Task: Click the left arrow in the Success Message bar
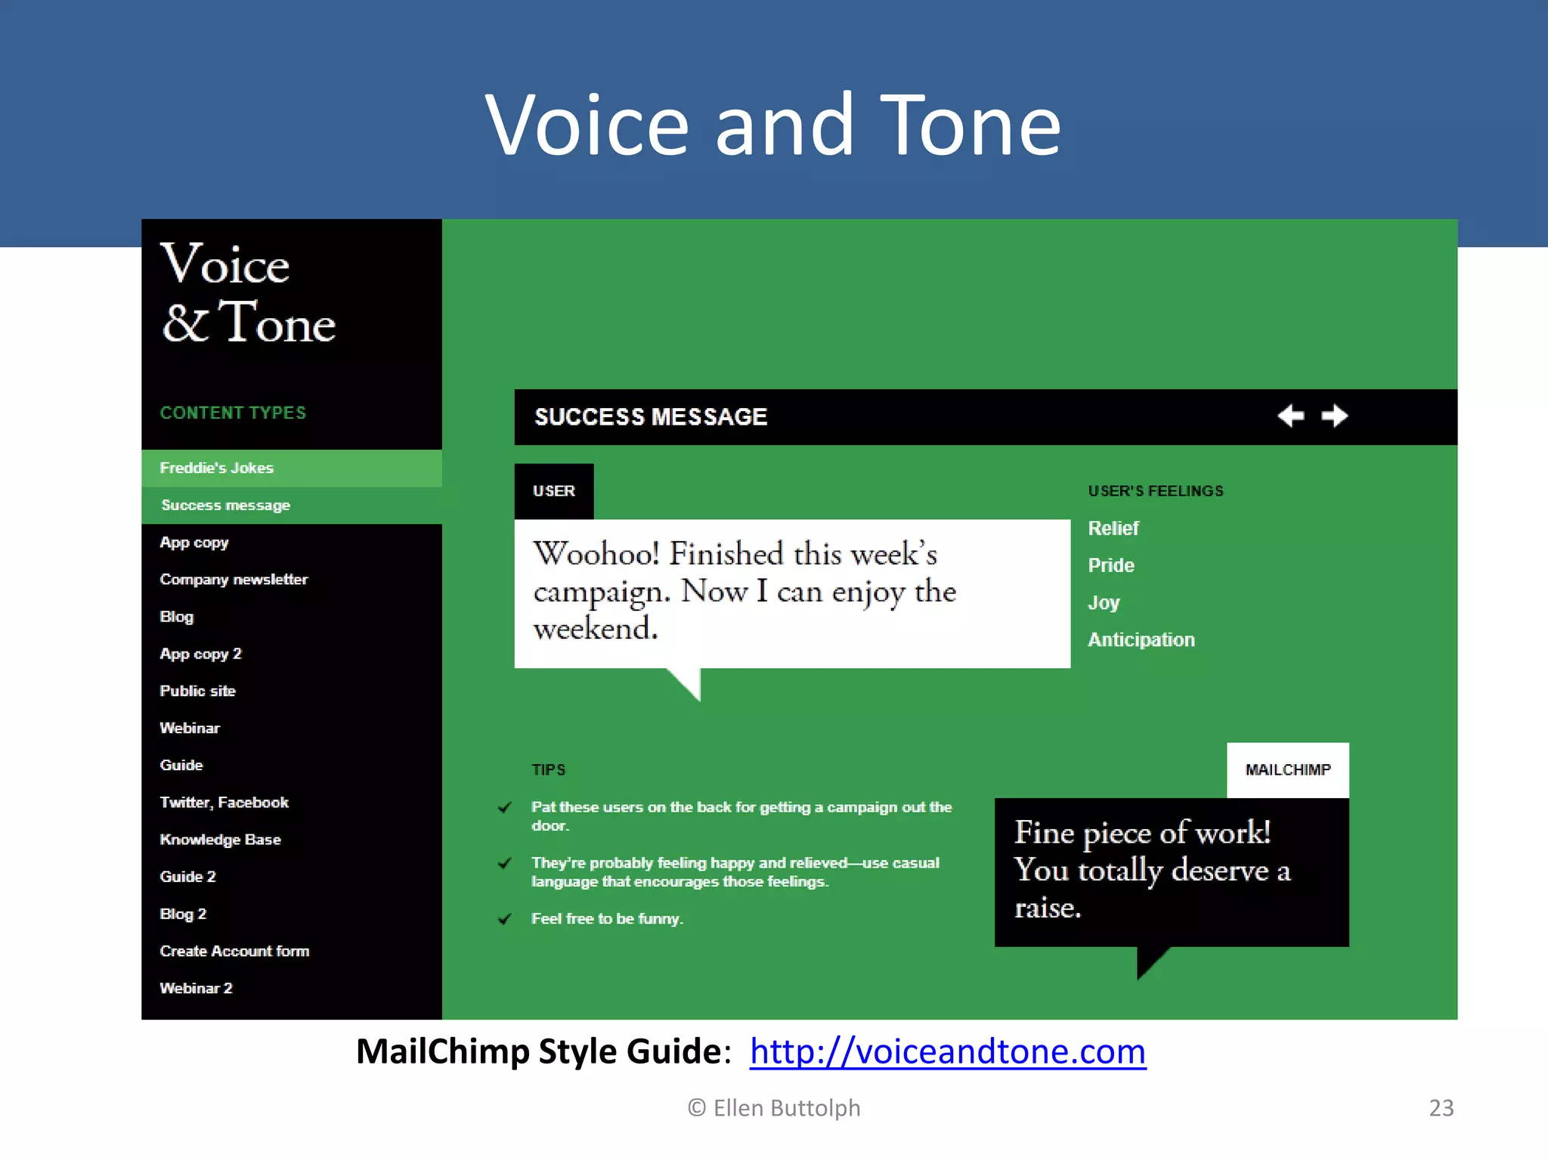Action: click(1290, 416)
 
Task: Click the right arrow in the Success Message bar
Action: click(1334, 416)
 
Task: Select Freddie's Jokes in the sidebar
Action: click(217, 468)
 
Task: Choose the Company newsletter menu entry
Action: click(234, 580)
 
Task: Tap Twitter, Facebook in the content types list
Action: click(224, 803)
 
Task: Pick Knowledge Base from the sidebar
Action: click(220, 840)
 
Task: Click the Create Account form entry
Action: click(234, 951)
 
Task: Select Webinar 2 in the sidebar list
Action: click(196, 988)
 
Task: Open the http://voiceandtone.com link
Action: click(947, 1051)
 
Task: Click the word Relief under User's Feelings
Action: click(1113, 528)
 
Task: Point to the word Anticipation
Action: click(1141, 640)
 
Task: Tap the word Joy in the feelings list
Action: click(1104, 603)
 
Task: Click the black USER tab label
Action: click(554, 491)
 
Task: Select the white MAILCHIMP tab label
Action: click(1288, 770)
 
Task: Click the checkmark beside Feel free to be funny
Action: click(505, 919)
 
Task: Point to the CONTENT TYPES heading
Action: click(233, 413)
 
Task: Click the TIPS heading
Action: click(548, 770)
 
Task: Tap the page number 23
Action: click(1441, 1108)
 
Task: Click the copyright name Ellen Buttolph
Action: click(786, 1108)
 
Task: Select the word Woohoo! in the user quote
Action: click(596, 554)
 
